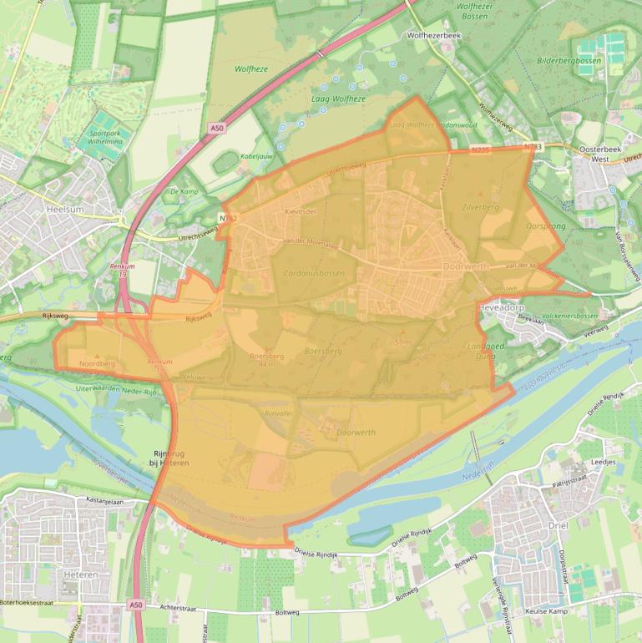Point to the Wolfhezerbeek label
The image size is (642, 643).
433,37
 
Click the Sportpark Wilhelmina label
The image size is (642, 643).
105,137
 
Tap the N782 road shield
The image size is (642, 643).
228,218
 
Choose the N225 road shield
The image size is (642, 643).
479,150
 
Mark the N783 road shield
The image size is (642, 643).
533,147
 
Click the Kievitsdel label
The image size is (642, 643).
301,212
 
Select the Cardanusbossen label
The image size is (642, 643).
313,273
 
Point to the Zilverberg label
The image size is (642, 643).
479,206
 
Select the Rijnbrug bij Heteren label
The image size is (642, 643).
169,458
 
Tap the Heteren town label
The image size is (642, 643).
80,575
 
